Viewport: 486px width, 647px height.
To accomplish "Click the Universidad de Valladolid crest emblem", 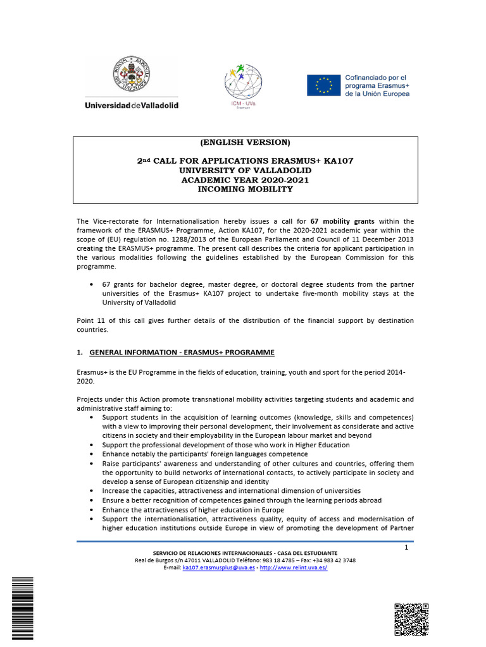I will (x=131, y=73).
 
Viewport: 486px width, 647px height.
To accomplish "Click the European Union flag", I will (x=323, y=85).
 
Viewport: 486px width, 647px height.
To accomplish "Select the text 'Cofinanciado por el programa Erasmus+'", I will (x=377, y=85).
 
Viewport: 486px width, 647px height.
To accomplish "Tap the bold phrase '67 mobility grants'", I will (x=342, y=221).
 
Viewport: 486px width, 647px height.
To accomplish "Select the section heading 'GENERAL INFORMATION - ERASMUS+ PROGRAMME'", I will (x=182, y=351).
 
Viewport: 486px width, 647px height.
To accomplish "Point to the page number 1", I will (x=406, y=548).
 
